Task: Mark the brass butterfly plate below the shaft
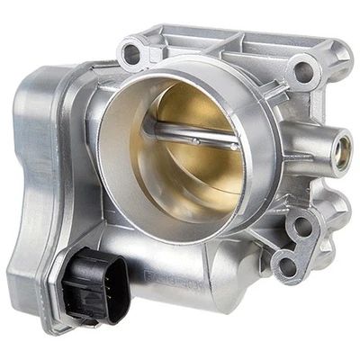point(202,175)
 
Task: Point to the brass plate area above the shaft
point(193,108)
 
